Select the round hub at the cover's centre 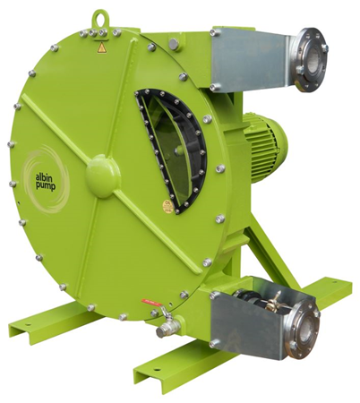coord(102,176)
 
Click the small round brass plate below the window coord(167,207)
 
